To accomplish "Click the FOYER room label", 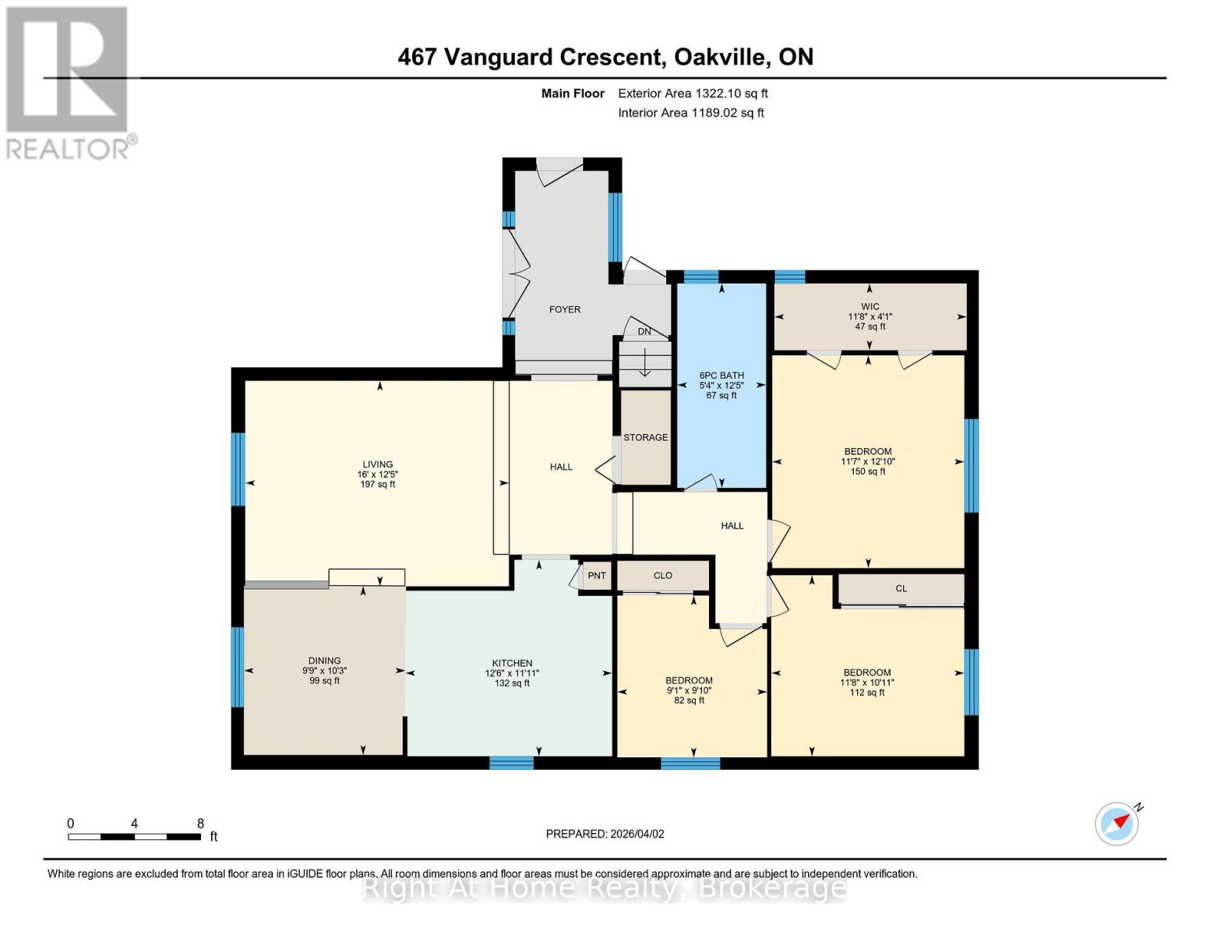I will (x=564, y=309).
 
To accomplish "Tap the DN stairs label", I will (x=644, y=332).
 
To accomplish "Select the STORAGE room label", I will (x=645, y=437).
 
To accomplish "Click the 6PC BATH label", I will (x=721, y=376).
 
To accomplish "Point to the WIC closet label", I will (x=870, y=307).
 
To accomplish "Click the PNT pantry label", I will (x=597, y=576).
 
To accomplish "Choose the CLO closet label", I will (x=662, y=576).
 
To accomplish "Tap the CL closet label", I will (x=901, y=589).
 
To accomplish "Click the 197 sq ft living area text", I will (x=377, y=485).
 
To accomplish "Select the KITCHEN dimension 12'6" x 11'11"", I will (x=512, y=673).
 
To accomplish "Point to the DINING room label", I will (x=324, y=661).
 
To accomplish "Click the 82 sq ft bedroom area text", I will (x=689, y=700).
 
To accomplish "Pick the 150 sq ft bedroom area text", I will (x=868, y=471).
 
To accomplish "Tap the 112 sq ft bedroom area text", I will (x=867, y=693).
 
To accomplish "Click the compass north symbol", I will (x=1117, y=823).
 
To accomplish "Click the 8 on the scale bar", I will (x=200, y=824).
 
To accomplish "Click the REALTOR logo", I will (x=69, y=82).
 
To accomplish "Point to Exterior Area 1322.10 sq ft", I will (x=693, y=93).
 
